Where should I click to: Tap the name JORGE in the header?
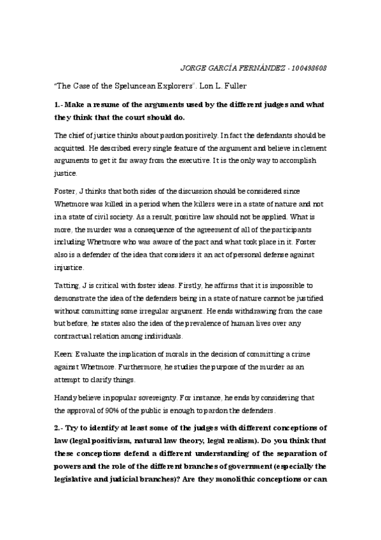tap(195, 67)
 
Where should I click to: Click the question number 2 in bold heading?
tap(57, 425)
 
